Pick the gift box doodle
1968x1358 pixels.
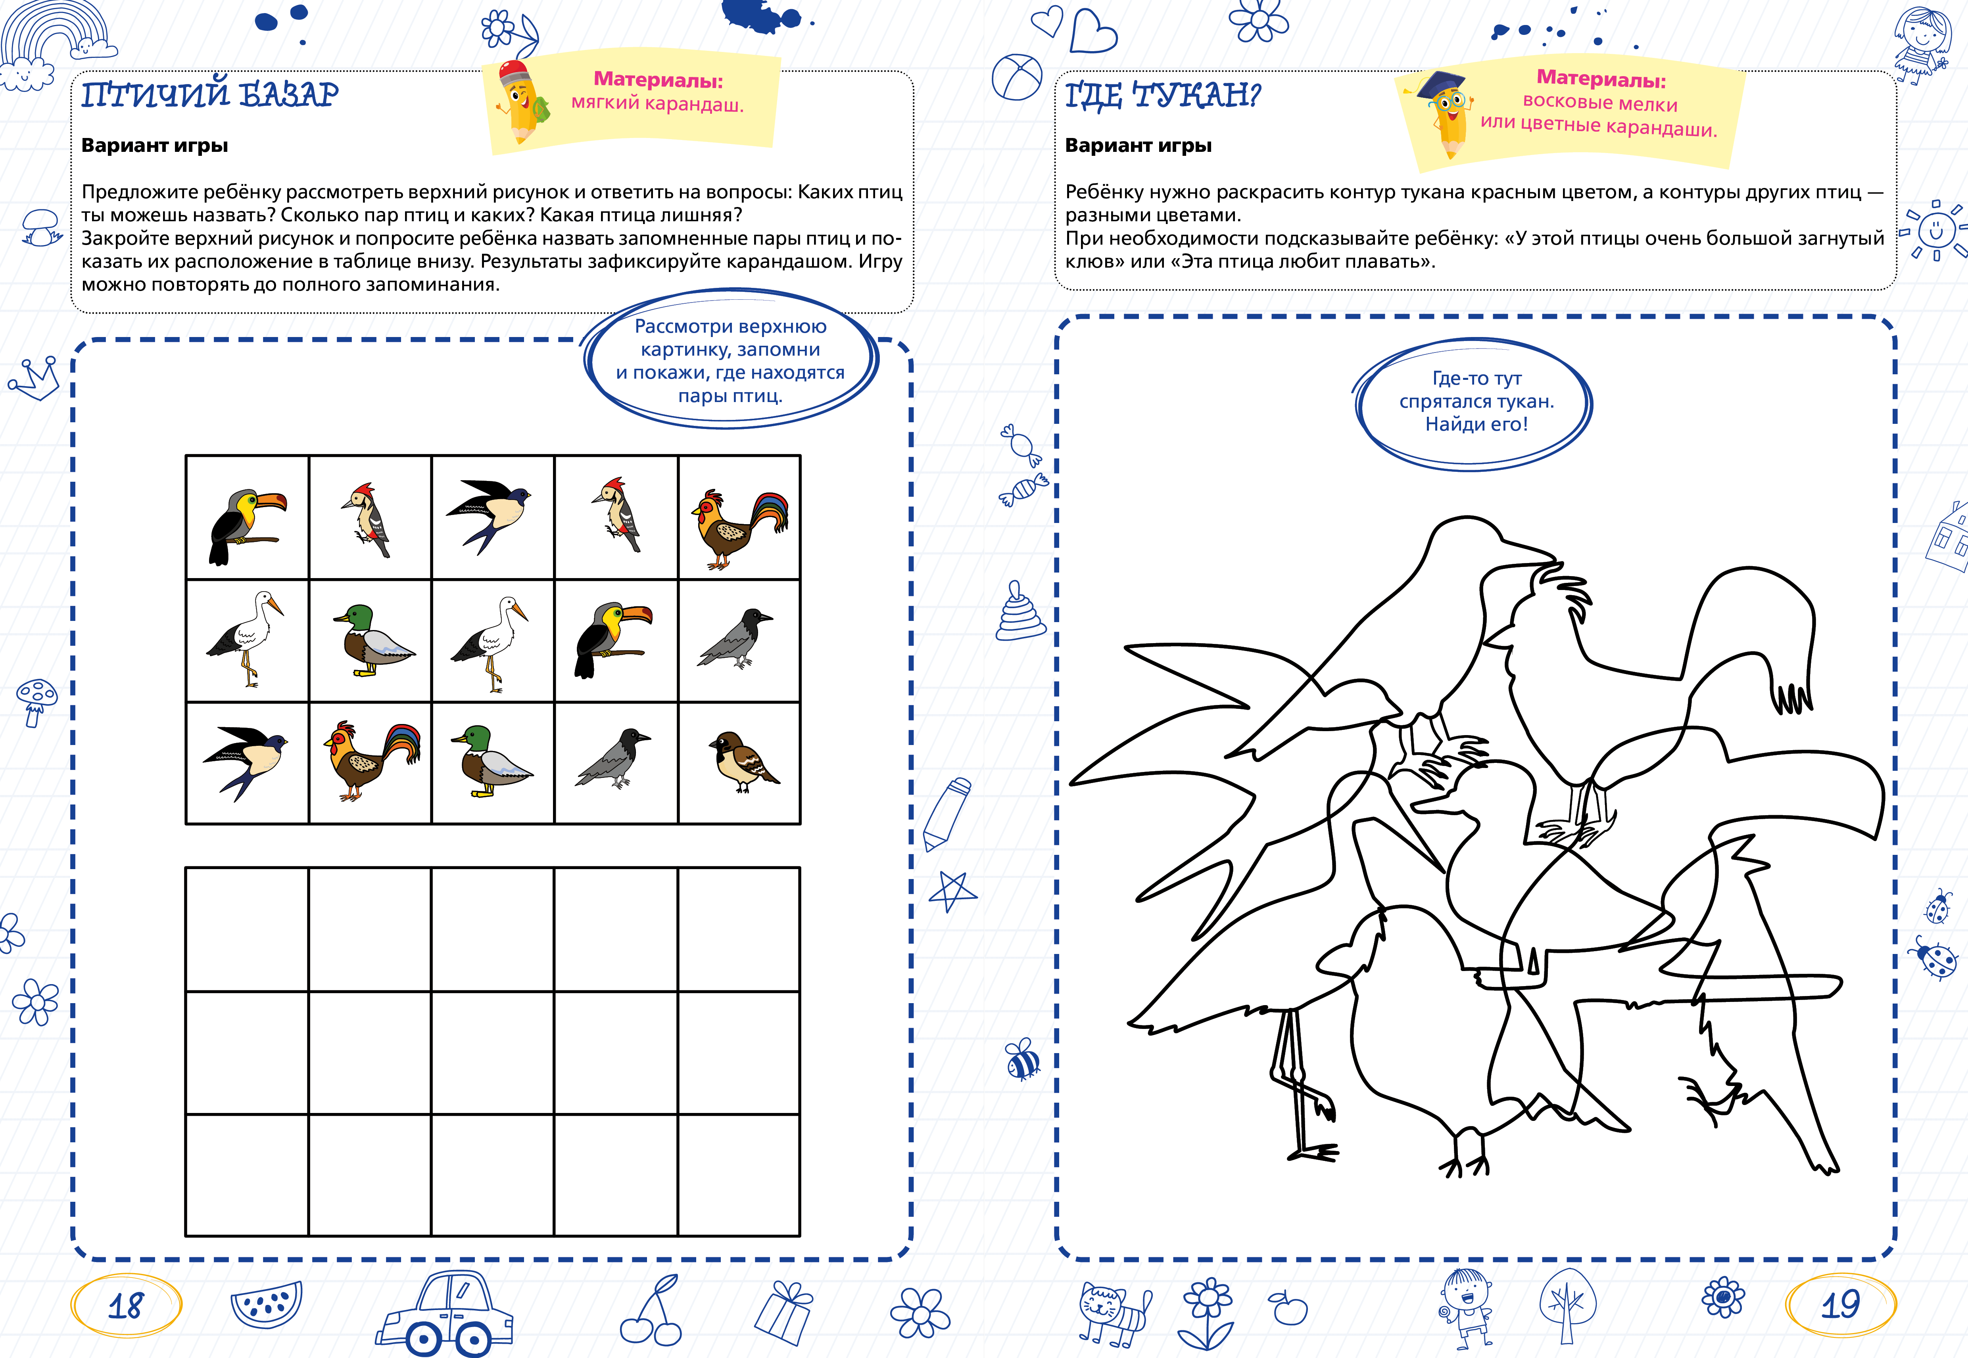(784, 1313)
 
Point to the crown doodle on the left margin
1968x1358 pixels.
(34, 379)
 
